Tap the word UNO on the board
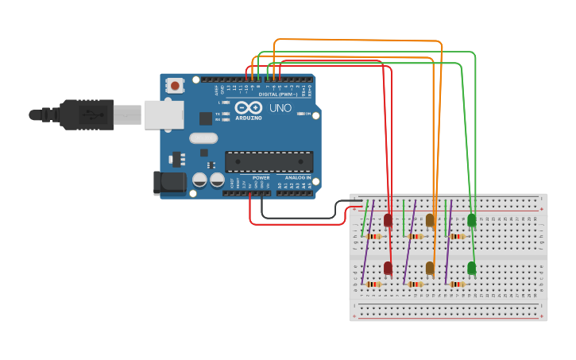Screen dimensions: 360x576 tap(280, 108)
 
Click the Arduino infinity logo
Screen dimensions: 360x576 tap(248, 108)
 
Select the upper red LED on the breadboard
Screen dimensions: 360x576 tap(389, 219)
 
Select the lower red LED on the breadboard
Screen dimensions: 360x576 tap(389, 268)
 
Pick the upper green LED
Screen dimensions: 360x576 tap(472, 219)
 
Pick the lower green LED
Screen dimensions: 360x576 tap(472, 268)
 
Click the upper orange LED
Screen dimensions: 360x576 tap(430, 219)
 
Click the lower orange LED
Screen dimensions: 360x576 tap(430, 268)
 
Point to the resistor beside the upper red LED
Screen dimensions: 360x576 tap(374, 236)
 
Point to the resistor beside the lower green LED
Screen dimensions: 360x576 tap(457, 285)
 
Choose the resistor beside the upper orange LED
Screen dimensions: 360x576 tap(416, 236)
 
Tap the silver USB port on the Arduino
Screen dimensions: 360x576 tap(164, 114)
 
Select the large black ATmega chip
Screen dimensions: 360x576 tap(269, 162)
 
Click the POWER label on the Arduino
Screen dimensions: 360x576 tap(261, 178)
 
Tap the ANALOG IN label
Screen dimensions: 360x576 tap(298, 178)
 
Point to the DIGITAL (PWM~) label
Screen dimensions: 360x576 tap(278, 95)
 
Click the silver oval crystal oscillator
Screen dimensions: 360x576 tap(203, 138)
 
